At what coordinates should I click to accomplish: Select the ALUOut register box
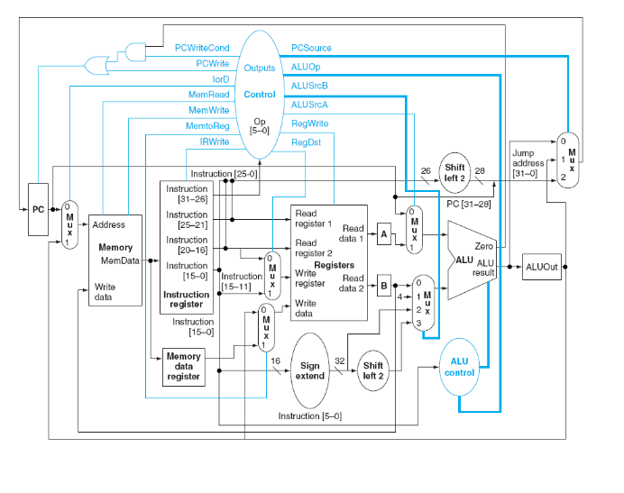pos(541,267)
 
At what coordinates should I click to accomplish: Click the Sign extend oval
pos(310,371)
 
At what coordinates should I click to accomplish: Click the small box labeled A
pos(383,234)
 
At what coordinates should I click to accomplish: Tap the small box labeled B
pos(383,288)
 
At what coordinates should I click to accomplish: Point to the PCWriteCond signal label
pos(202,47)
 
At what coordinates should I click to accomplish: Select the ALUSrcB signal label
pos(309,86)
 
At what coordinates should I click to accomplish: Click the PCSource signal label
pos(311,47)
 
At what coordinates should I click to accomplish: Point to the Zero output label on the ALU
pos(482,245)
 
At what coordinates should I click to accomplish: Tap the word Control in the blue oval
pos(260,94)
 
